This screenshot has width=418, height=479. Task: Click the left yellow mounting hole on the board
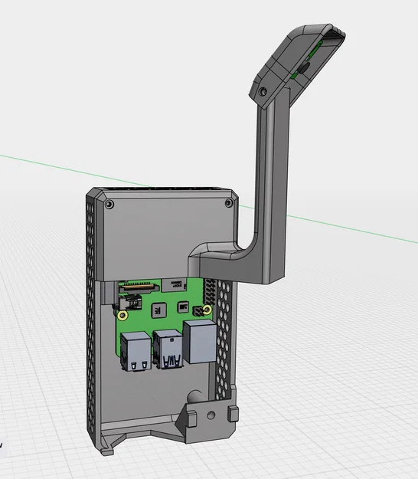122,314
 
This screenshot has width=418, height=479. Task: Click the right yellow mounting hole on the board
195,310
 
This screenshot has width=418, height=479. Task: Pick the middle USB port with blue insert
168,350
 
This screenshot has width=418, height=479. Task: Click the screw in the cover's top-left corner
109,205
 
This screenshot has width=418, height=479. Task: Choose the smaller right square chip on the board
182,307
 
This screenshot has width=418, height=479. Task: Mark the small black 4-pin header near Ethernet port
205,310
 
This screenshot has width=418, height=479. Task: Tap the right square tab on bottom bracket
232,415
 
